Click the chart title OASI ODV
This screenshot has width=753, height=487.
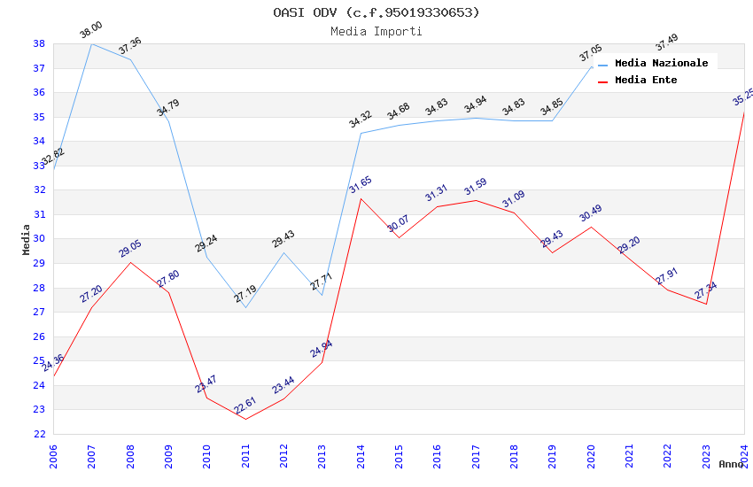click(376, 12)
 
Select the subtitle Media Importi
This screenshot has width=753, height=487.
click(376, 31)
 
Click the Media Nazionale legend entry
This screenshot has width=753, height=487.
click(661, 63)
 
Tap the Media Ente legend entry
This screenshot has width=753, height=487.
click(646, 80)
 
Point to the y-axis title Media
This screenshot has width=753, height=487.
click(27, 239)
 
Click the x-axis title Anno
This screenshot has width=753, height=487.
click(731, 464)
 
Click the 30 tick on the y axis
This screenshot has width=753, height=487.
click(40, 239)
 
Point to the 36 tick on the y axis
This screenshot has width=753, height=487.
click(40, 92)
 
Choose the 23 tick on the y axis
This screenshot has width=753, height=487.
click(40, 410)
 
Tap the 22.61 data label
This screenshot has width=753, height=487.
click(245, 406)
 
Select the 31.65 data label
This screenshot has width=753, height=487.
click(361, 185)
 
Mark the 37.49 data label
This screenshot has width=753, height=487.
click(666, 42)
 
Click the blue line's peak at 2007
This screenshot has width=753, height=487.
click(91, 43)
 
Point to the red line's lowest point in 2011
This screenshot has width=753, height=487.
click(245, 419)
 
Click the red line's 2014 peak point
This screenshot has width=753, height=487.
click(361, 198)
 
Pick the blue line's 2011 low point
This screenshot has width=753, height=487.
click(245, 307)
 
